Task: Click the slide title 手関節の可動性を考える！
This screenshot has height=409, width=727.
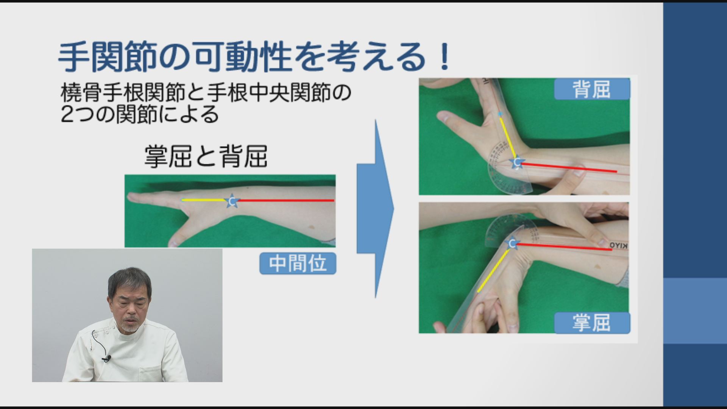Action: click(254, 57)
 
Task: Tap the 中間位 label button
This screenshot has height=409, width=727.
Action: click(298, 263)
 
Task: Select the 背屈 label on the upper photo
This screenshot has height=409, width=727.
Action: click(592, 89)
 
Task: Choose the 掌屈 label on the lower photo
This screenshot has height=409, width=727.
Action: click(592, 323)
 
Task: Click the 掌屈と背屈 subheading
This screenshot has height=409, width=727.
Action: click(206, 156)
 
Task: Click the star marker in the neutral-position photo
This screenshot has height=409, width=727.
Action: click(232, 201)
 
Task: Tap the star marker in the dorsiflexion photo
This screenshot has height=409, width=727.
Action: click(516, 163)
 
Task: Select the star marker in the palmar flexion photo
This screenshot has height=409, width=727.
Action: click(512, 243)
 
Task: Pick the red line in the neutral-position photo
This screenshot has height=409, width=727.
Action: click(286, 200)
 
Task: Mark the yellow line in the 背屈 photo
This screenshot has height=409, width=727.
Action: click(508, 136)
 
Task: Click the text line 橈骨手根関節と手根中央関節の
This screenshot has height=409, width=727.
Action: click(206, 93)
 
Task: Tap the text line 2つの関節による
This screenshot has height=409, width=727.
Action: click(140, 114)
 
